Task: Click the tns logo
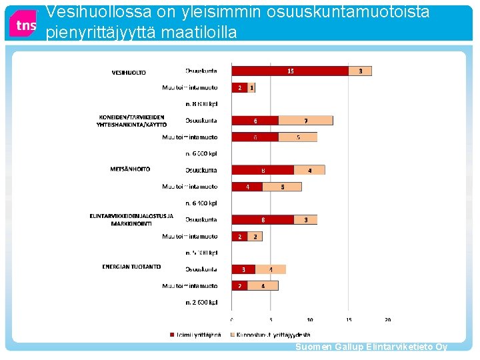(x=24, y=25)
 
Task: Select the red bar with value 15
(x=290, y=71)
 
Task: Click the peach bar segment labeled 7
(x=305, y=121)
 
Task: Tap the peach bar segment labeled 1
(x=251, y=87)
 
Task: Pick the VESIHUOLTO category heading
(x=129, y=72)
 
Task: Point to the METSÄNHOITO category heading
(x=130, y=169)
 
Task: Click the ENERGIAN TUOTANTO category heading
(x=131, y=267)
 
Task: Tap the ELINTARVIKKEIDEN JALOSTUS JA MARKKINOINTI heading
(x=131, y=219)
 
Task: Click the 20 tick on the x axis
(x=387, y=319)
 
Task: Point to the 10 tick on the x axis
(x=309, y=319)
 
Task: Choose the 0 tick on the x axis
(x=232, y=319)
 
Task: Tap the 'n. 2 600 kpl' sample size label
(x=201, y=303)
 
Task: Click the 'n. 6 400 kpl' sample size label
(x=201, y=203)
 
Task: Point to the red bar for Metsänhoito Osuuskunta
(x=263, y=170)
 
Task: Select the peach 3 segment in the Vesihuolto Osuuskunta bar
(x=360, y=71)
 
